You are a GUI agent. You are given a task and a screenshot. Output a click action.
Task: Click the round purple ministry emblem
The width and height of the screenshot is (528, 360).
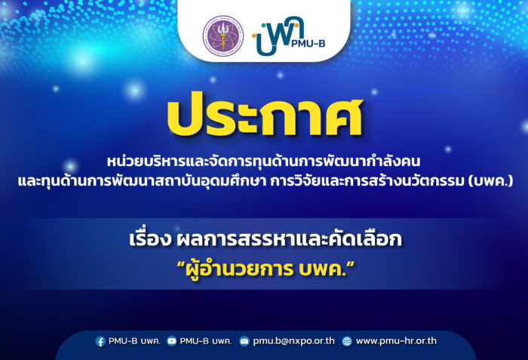(x=223, y=35)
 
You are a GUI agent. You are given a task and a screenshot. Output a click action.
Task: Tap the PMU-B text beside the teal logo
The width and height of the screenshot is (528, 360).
(x=308, y=43)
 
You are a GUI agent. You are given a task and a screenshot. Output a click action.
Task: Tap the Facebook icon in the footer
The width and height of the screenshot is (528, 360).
(x=100, y=341)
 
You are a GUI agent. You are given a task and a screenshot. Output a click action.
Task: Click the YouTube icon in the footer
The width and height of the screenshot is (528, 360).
(x=172, y=341)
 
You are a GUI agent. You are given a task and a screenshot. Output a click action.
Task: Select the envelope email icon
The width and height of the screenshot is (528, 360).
(x=244, y=341)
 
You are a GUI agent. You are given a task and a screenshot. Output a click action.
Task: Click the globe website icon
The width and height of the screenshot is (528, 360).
(x=347, y=341)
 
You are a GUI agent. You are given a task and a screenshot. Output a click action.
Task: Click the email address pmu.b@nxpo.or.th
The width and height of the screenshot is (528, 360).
(x=294, y=341)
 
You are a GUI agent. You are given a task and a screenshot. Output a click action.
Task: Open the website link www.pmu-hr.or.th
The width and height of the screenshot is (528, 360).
(x=396, y=341)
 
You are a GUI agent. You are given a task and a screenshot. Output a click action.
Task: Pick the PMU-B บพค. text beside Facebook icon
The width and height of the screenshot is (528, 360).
(x=134, y=341)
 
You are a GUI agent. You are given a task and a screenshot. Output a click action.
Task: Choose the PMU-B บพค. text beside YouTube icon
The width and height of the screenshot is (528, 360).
(x=206, y=341)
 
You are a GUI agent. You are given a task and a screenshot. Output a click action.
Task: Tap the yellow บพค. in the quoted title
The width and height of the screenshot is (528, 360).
(x=322, y=269)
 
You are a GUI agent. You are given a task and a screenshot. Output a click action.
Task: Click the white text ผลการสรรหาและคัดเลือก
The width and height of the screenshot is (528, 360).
(x=289, y=238)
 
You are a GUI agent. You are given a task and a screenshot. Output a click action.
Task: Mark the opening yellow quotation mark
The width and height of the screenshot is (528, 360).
(x=181, y=264)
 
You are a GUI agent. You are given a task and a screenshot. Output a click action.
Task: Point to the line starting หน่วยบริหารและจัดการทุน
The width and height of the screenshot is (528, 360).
(x=264, y=161)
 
